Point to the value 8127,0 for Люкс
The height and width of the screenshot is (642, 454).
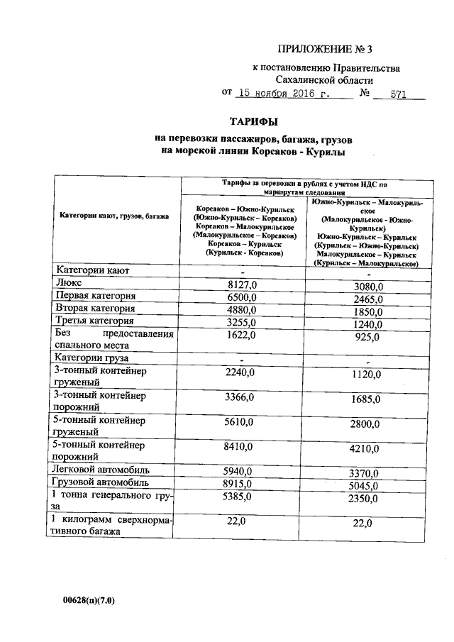click(x=241, y=284)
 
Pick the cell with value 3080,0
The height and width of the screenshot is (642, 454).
click(x=368, y=286)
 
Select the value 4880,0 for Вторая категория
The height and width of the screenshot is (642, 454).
click(x=241, y=309)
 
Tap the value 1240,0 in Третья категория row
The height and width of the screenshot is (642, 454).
click(x=368, y=323)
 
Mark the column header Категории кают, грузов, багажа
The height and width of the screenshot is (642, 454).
click(x=114, y=216)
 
